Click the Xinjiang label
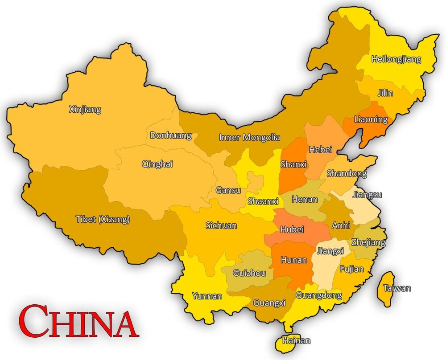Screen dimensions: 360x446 point(85,109)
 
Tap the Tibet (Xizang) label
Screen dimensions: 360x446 point(103,219)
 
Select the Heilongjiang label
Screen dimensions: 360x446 point(396,59)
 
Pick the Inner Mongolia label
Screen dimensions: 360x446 point(249,137)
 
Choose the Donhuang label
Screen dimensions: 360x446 point(170,135)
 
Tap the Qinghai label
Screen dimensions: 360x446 point(157,164)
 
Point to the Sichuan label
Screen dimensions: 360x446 point(221,225)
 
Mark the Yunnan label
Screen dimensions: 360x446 point(207,295)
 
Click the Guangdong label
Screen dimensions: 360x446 point(318,295)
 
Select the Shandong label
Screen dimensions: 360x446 point(347,173)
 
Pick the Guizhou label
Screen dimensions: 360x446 point(250,273)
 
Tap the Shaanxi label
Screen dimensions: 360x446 point(263,200)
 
